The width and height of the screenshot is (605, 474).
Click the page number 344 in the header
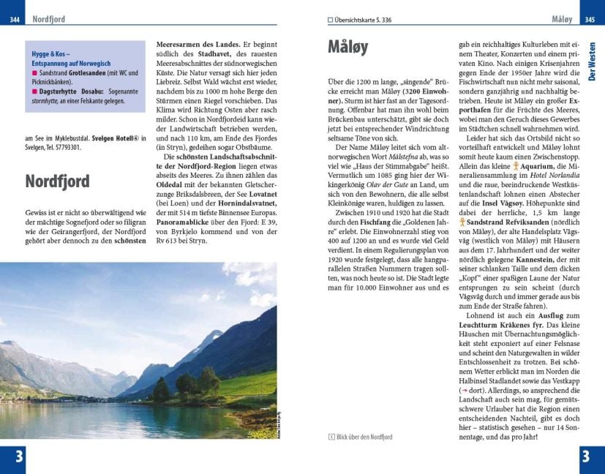[15, 19]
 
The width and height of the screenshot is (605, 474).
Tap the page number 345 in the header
[590, 19]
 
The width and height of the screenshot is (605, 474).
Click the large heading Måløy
[347, 49]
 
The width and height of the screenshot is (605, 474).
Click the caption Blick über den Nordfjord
[364, 437]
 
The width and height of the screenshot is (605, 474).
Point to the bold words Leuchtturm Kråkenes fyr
[497, 323]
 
